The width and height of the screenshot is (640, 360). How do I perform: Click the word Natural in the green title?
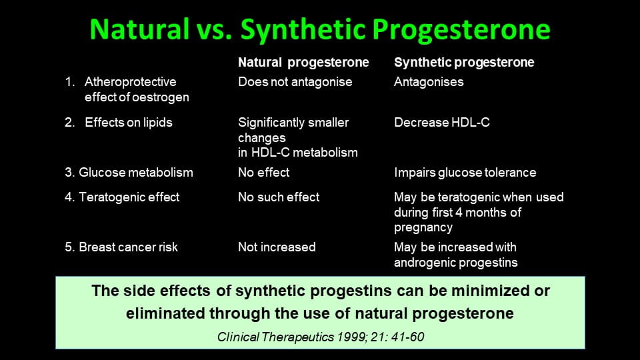point(139,29)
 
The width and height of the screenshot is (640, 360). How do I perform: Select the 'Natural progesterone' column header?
point(303,63)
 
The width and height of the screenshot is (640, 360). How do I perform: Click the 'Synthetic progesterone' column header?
point(464,63)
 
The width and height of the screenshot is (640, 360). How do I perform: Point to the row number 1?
point(70,81)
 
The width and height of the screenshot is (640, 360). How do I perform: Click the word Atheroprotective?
point(131,82)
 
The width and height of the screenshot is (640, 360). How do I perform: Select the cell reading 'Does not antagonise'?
point(295,82)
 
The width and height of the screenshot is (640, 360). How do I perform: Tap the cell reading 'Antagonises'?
point(429,82)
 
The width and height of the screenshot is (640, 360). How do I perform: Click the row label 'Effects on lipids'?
point(129,123)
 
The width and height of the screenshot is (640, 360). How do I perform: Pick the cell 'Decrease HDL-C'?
point(441,123)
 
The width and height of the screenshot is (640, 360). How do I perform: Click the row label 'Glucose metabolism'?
point(136,172)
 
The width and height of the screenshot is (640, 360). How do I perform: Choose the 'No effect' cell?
point(264,172)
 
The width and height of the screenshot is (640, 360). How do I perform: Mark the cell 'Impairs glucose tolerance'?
point(465,173)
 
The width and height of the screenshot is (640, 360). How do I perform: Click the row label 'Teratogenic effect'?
point(129,197)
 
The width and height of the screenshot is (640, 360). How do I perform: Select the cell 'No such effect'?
point(279,197)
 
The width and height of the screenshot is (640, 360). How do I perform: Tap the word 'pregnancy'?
point(423,228)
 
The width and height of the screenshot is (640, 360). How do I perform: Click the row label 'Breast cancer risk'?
point(128,247)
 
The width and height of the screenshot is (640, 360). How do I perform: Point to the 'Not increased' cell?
point(277,247)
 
